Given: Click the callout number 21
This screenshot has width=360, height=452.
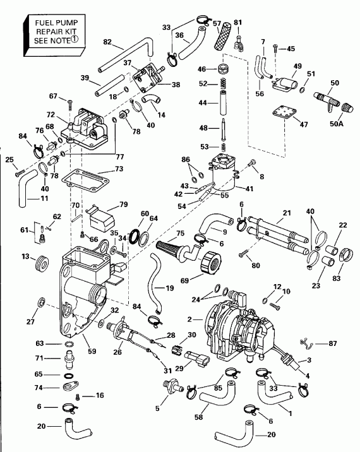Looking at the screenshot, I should (287, 212).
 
